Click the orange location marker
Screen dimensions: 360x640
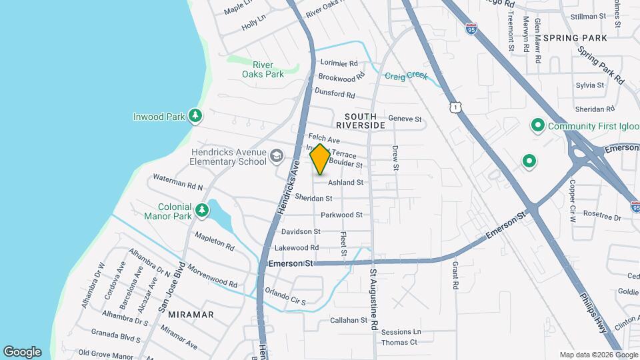tap(320, 159)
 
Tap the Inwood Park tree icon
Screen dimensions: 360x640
tap(195, 117)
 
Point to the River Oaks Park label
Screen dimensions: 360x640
tap(263, 69)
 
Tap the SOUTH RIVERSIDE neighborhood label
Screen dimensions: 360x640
tap(360, 120)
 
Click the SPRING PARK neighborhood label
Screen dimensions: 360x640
tap(575, 38)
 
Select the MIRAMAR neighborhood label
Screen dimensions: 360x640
tap(191, 314)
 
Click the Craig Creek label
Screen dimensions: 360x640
tap(405, 76)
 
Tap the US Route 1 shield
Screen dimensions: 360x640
tap(454, 107)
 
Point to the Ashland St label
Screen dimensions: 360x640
tap(345, 182)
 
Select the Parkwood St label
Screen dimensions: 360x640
tap(341, 215)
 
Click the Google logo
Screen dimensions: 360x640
tap(22, 352)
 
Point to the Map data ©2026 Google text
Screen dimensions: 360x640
tap(597, 355)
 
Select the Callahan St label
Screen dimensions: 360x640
tap(349, 320)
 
